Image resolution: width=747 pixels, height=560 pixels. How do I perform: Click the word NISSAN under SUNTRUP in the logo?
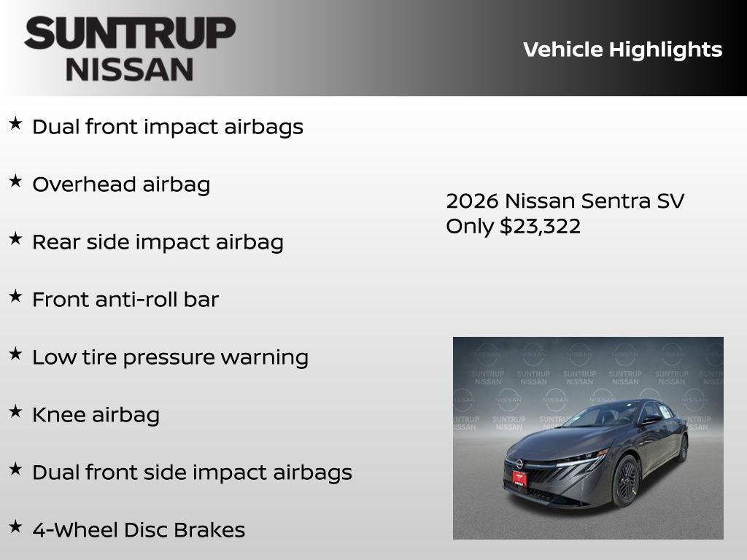pyautogui.click(x=130, y=69)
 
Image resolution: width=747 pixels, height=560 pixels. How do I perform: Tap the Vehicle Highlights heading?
pyautogui.click(x=622, y=50)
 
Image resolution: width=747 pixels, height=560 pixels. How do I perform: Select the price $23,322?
pyautogui.click(x=540, y=226)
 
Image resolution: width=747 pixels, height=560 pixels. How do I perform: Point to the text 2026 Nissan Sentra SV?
pyautogui.click(x=565, y=201)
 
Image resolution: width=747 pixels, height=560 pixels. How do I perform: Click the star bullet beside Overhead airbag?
pyautogui.click(x=15, y=182)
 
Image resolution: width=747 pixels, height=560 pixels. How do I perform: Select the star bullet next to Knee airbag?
pyautogui.click(x=15, y=412)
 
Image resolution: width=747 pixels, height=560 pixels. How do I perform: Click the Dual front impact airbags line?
pyautogui.click(x=167, y=127)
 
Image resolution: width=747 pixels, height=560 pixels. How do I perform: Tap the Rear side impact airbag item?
pyautogui.click(x=158, y=242)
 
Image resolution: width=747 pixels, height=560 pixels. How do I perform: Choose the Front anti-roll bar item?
pyautogui.click(x=125, y=300)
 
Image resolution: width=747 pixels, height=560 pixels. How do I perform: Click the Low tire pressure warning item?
pyautogui.click(x=170, y=357)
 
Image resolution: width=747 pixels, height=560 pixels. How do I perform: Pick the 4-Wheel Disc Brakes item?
pyautogui.click(x=139, y=530)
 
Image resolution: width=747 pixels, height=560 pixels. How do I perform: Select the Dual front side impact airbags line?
pyautogui.click(x=192, y=472)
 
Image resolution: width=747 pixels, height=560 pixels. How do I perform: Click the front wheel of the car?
pyautogui.click(x=626, y=481)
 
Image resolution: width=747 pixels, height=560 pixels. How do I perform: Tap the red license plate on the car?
pyautogui.click(x=516, y=479)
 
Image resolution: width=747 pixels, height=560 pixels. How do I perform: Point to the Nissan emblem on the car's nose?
pyautogui.click(x=519, y=462)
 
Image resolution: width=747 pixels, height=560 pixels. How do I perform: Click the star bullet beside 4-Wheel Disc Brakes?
pyautogui.click(x=15, y=527)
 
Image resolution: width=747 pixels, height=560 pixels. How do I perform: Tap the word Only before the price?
pyautogui.click(x=470, y=226)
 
